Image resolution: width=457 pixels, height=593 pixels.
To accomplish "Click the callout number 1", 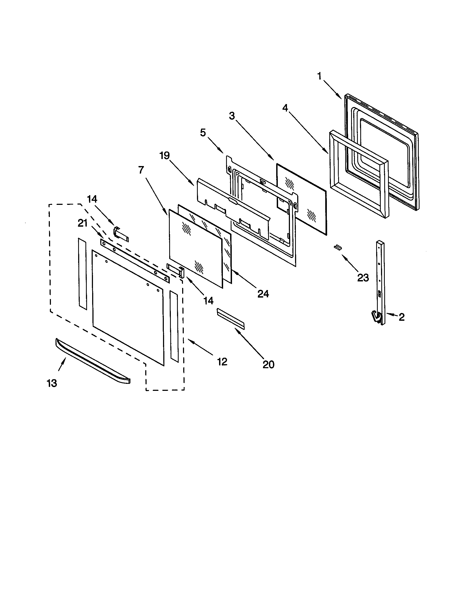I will point(320,76).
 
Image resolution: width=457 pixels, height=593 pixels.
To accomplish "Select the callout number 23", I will point(363,277).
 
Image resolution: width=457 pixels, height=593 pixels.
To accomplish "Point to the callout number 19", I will point(164,156).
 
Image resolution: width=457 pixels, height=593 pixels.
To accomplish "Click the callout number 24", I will point(263,294).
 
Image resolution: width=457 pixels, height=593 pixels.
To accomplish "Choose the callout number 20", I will point(268,364).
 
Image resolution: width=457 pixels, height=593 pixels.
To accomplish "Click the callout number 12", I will point(222,362).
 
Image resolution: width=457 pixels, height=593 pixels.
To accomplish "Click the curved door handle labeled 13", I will point(92,360).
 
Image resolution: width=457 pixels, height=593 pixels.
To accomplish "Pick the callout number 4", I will point(285,108).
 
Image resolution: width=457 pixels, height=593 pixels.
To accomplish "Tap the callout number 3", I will point(231,116).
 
